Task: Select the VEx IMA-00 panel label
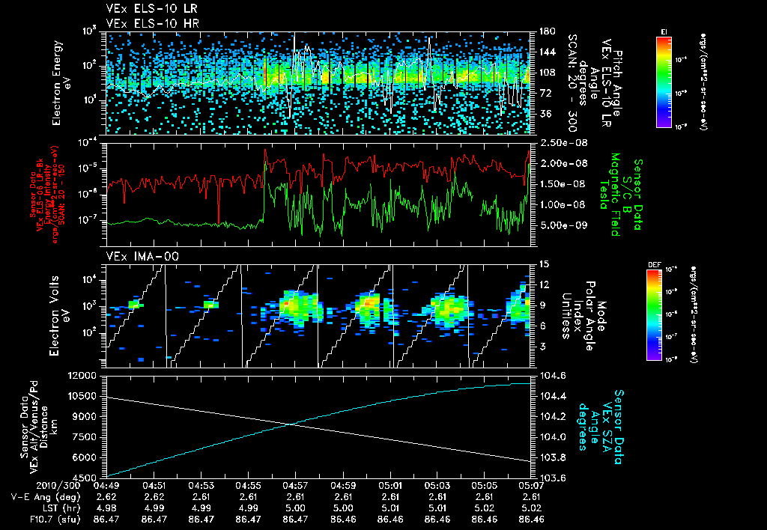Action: [x=134, y=256]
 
